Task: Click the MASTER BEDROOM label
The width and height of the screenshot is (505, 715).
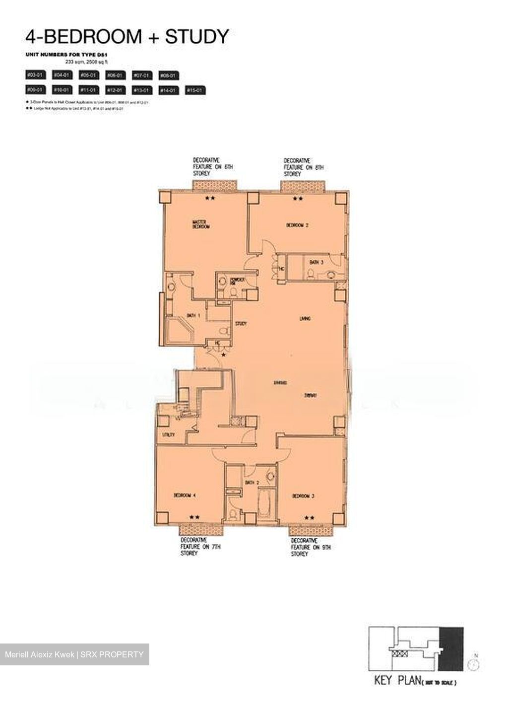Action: point(201,224)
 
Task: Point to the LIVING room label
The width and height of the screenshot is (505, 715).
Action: point(305,319)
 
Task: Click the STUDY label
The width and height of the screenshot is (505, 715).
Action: point(241,324)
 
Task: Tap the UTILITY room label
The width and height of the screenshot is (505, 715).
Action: point(169,435)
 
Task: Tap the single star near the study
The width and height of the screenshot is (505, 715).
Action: point(224,355)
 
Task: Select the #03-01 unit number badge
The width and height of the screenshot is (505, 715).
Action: point(36,75)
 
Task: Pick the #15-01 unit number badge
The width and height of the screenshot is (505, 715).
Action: point(195,90)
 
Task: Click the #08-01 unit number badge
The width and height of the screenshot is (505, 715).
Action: point(169,75)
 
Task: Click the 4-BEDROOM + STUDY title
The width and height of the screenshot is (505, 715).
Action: point(127,36)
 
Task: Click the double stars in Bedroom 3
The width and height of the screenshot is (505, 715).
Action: point(309,517)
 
